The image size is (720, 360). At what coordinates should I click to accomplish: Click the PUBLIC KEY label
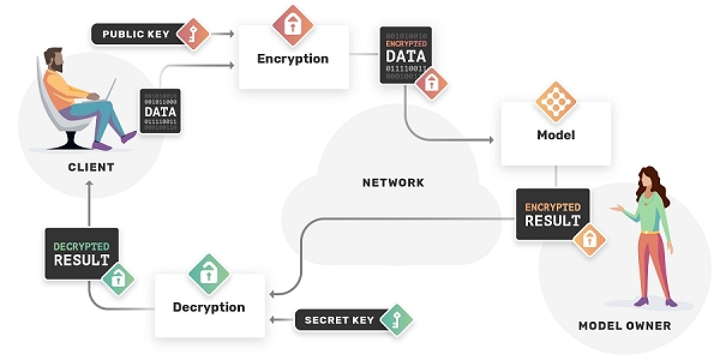pyautogui.click(x=135, y=34)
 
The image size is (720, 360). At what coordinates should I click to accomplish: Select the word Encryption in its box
pyautogui.click(x=293, y=59)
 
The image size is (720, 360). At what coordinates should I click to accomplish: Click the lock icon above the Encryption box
pyautogui.click(x=293, y=25)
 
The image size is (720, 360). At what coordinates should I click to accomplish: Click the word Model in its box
pyautogui.click(x=556, y=135)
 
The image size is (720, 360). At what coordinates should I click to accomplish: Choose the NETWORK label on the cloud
pyautogui.click(x=393, y=182)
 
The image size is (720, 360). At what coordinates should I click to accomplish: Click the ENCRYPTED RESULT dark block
pyautogui.click(x=553, y=214)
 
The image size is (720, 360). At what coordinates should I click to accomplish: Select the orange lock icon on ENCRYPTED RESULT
pyautogui.click(x=589, y=240)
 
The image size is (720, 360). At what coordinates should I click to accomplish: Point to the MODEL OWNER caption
pyautogui.click(x=624, y=326)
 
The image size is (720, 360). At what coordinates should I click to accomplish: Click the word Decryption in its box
pyautogui.click(x=209, y=307)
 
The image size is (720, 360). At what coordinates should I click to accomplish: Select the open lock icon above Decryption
pyautogui.click(x=209, y=273)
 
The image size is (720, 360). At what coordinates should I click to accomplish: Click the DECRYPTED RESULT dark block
pyautogui.click(x=82, y=254)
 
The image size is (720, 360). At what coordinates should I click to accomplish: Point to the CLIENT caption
pyautogui.click(x=91, y=166)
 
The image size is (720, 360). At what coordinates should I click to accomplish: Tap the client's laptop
pyautogui.click(x=108, y=90)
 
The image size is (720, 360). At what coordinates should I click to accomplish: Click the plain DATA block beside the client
pyautogui.click(x=160, y=111)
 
